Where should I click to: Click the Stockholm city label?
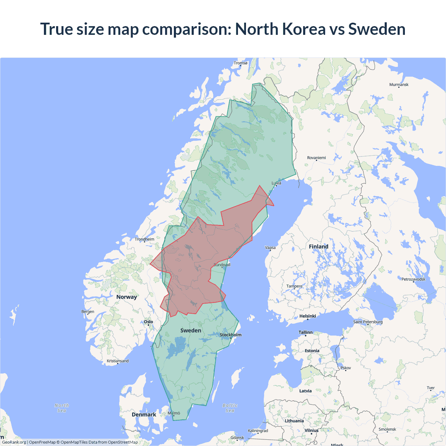pyautogui.click(x=230, y=335)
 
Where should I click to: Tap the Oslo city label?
pyautogui.click(x=148, y=322)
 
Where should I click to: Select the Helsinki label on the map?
pyautogui.click(x=308, y=316)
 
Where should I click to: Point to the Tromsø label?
pyautogui.click(x=240, y=63)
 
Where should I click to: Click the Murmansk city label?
pyautogui.click(x=399, y=85)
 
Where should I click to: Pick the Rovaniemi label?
pyautogui.click(x=316, y=158)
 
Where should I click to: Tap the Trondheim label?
pyautogui.click(x=144, y=239)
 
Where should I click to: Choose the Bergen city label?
pyautogui.click(x=88, y=312)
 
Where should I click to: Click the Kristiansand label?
pyautogui.click(x=117, y=361)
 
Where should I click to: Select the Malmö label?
pyautogui.click(x=174, y=413)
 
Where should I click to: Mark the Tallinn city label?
pyautogui.click(x=306, y=332)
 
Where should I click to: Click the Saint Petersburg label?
pyautogui.click(x=368, y=322)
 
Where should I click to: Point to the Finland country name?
pyautogui.click(x=318, y=247)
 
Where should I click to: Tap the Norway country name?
pyautogui.click(x=126, y=297)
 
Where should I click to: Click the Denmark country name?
pyautogui.click(x=144, y=415)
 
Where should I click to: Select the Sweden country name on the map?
pyautogui.click(x=191, y=330)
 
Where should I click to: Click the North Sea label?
pyautogui.click(x=62, y=408)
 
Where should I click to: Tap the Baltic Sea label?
pyautogui.click(x=230, y=408)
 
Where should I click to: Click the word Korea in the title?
pyautogui.click(x=304, y=29)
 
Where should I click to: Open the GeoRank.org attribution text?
pyautogui.click(x=14, y=442)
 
